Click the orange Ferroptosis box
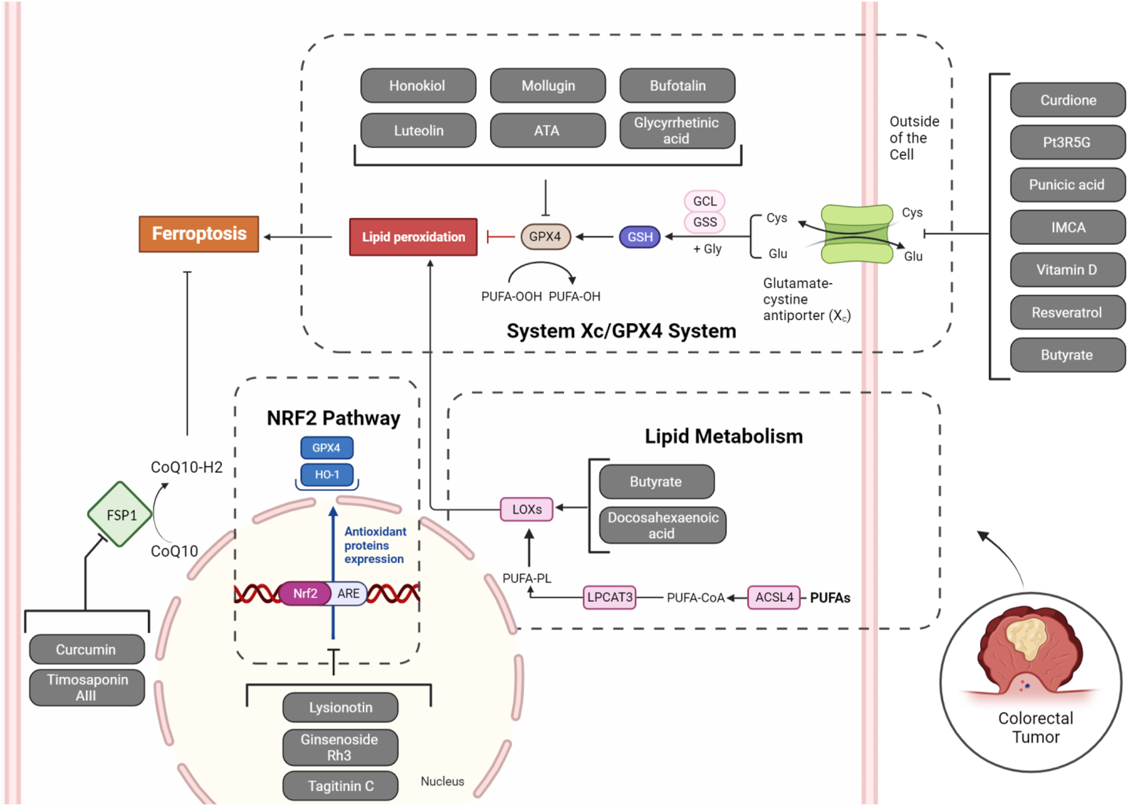pyautogui.click(x=199, y=234)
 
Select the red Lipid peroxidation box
pyautogui.click(x=413, y=237)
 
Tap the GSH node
pyautogui.click(x=640, y=237)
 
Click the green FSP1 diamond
pyautogui.click(x=120, y=515)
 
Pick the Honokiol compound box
pyautogui.click(x=418, y=86)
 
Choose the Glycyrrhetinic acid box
pyautogui.click(x=677, y=130)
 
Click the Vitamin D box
pyautogui.click(x=1067, y=270)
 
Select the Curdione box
pyautogui.click(x=1068, y=100)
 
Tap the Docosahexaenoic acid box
pyautogui.click(x=663, y=525)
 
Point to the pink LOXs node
pyautogui.click(x=526, y=510)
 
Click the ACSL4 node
pyautogui.click(x=773, y=597)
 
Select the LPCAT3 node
pyautogui.click(x=609, y=597)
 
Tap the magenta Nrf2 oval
pyautogui.click(x=305, y=594)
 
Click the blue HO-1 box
pyautogui.click(x=327, y=475)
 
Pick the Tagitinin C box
pyautogui.click(x=341, y=786)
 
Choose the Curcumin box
pyautogui.click(x=87, y=650)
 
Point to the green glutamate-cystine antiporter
pyautogui.click(x=857, y=234)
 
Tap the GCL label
pyautogui.click(x=705, y=201)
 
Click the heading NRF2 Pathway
pyautogui.click(x=333, y=418)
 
